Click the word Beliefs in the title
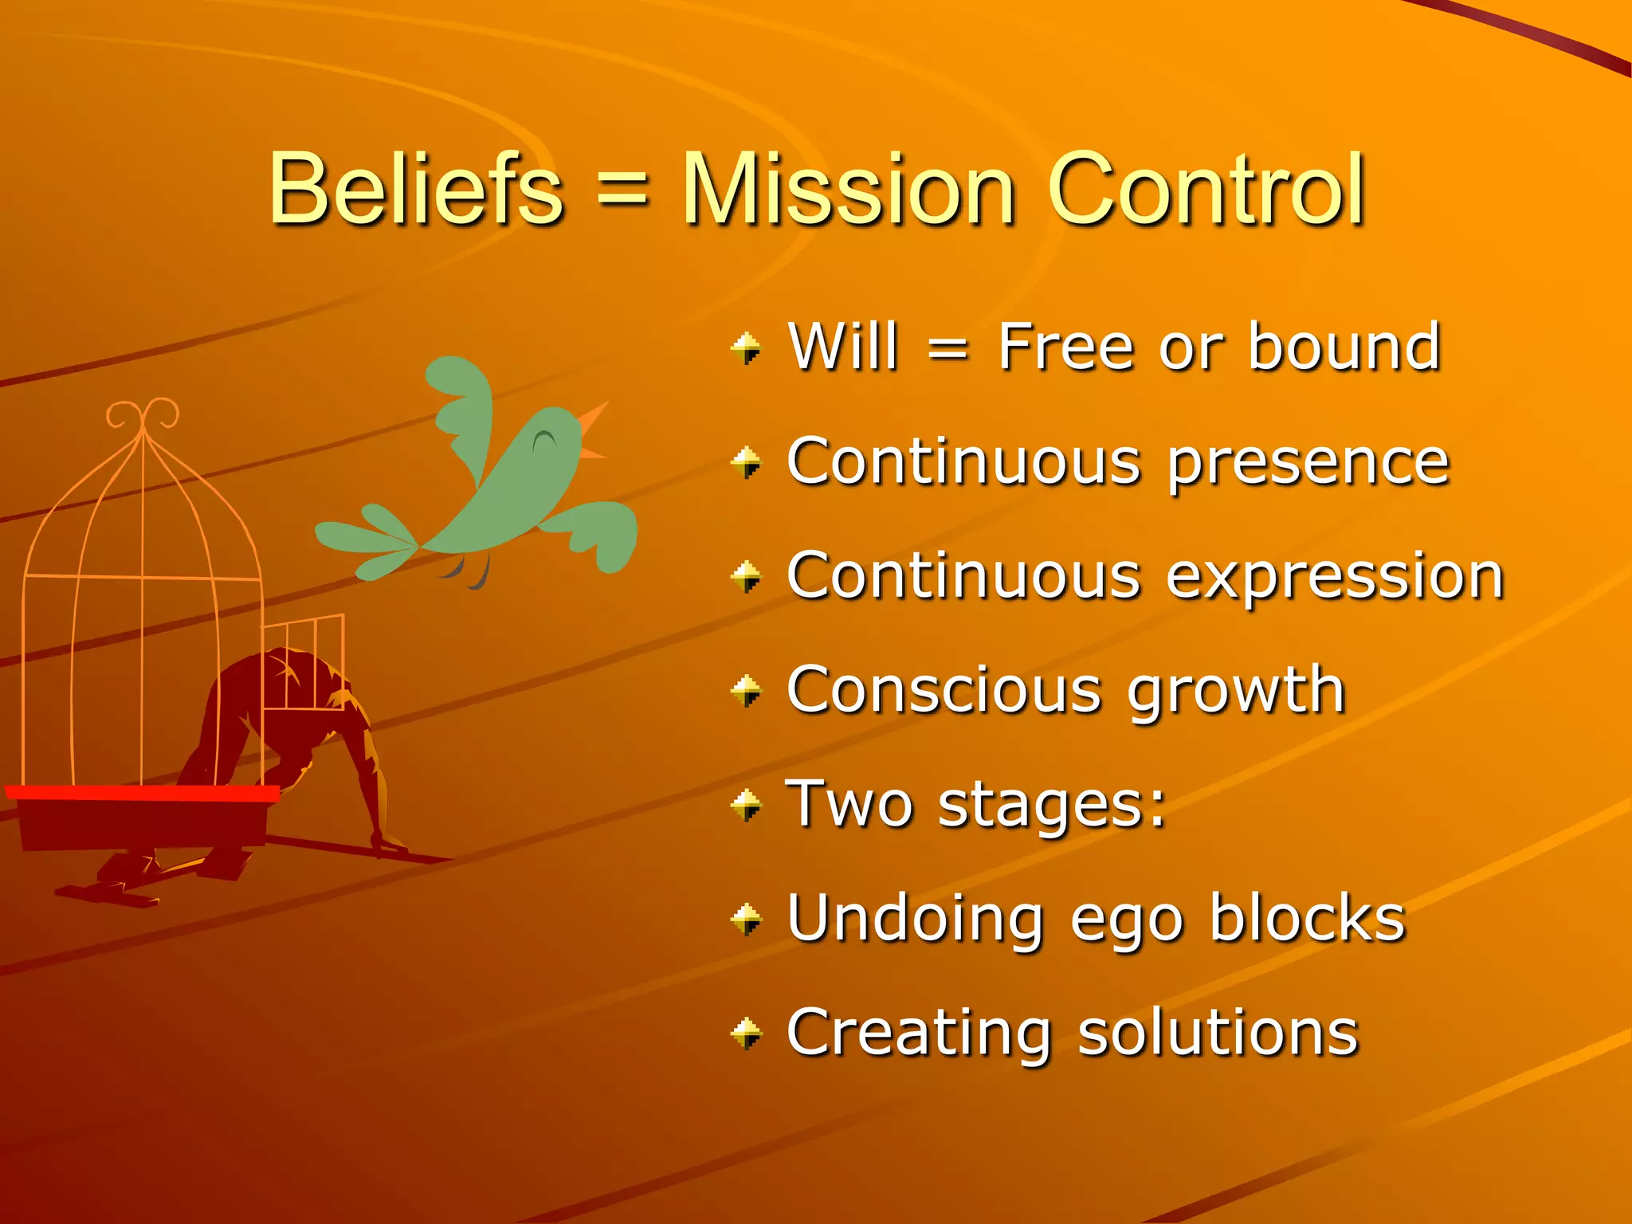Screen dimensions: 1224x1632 [416, 189]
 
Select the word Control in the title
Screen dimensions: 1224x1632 [1206, 189]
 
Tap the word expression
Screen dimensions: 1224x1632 [1336, 577]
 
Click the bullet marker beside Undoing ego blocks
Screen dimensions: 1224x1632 [747, 920]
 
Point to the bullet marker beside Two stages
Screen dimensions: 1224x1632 [747, 806]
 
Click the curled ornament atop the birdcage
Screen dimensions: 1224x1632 [143, 415]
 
